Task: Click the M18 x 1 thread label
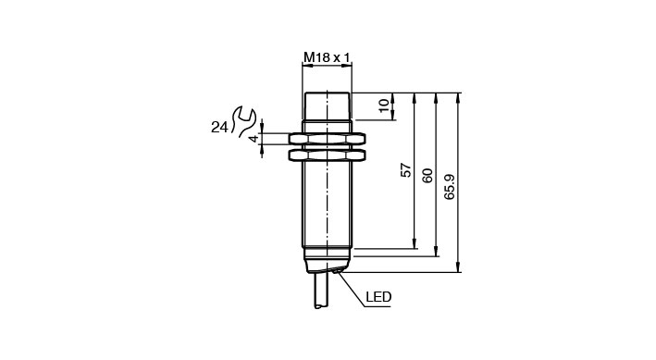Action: click(x=327, y=57)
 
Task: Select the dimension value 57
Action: click(x=406, y=170)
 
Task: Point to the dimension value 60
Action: click(x=428, y=176)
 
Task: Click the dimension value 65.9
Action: click(x=450, y=187)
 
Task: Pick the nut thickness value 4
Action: click(x=254, y=139)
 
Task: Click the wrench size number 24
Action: click(x=219, y=128)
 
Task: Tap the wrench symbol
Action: click(x=243, y=121)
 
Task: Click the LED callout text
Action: click(x=378, y=297)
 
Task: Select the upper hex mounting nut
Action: click(x=327, y=139)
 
